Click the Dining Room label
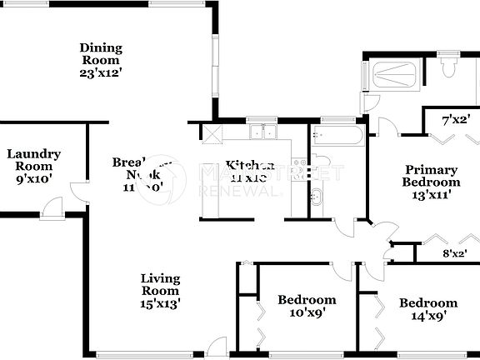coord(100,53)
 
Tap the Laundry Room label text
coord(34,159)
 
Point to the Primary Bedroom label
coord(431,176)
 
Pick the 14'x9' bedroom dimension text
coord(427,316)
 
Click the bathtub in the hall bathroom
coord(337,137)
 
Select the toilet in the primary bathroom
coord(447,67)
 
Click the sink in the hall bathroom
coord(317,197)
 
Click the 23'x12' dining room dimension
coord(100,72)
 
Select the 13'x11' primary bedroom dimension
coord(431,195)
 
